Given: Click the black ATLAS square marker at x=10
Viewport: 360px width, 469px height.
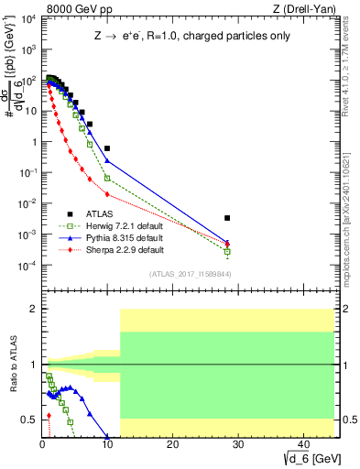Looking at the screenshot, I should [107, 148].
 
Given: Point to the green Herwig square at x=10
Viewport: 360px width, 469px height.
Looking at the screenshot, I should [107, 178].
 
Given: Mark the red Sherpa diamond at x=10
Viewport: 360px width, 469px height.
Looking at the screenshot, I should [107, 194].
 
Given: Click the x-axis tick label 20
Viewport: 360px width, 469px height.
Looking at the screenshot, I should [171, 444].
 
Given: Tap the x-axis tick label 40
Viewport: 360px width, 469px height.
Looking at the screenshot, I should [301, 444].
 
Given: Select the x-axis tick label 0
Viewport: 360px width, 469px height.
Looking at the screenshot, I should [42, 444].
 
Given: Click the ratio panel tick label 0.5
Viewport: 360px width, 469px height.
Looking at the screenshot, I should [27, 420].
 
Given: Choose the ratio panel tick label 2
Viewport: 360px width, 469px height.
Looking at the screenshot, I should [32, 309].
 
